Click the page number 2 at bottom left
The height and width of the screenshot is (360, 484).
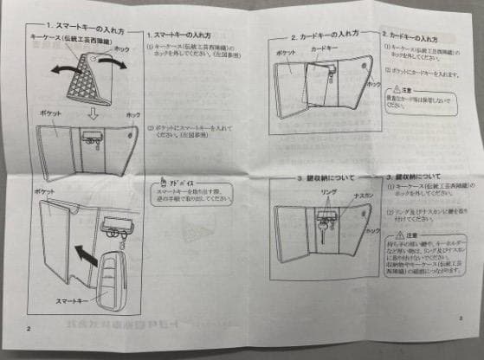point(29,330)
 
